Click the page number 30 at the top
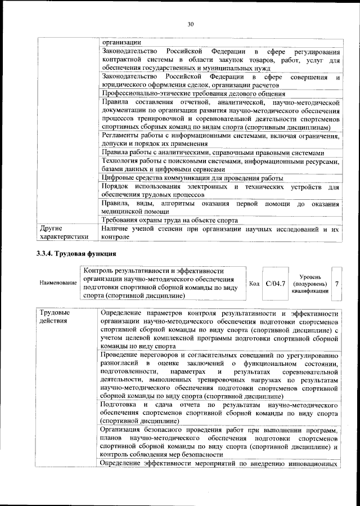[x=190, y=24]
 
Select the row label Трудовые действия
[x=55, y=317]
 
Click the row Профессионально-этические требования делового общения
[x=193, y=93]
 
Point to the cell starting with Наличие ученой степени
[x=220, y=233]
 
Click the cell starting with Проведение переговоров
[x=220, y=375]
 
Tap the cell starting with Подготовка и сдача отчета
[x=220, y=413]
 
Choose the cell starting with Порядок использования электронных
[x=220, y=190]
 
